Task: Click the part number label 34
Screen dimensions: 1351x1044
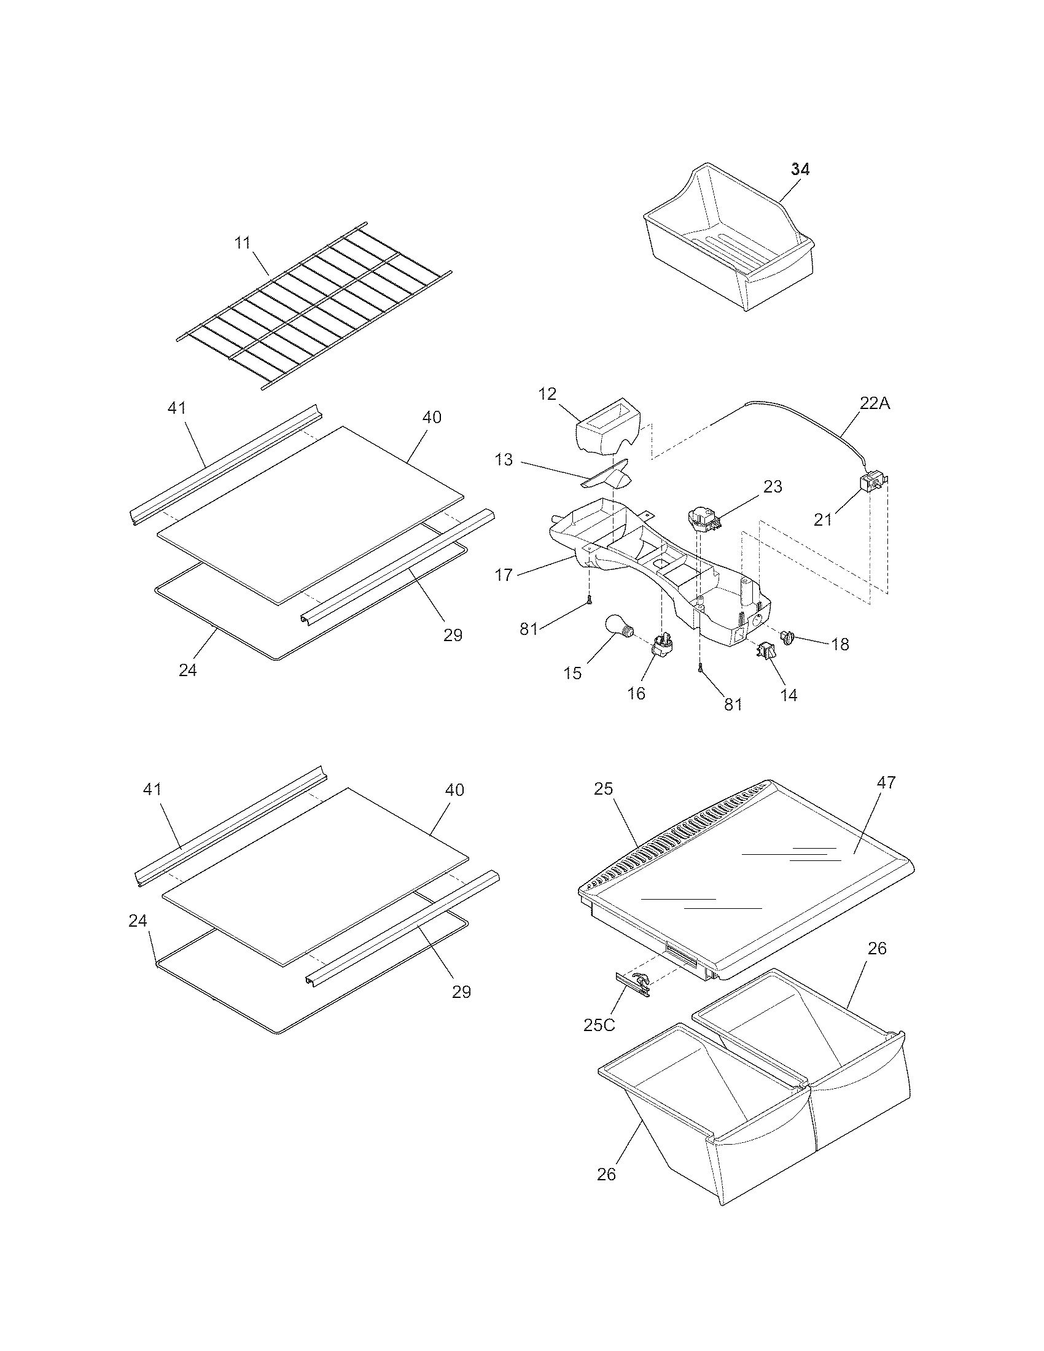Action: point(800,169)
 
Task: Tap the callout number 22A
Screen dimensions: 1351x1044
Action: point(875,403)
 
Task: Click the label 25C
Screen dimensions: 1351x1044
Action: point(599,1024)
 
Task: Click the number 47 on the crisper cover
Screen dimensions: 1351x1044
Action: point(886,782)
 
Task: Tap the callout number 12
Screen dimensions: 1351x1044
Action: point(547,394)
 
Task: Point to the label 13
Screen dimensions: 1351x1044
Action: point(504,459)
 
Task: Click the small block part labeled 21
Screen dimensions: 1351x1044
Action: point(871,482)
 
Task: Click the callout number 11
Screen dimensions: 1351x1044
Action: point(243,243)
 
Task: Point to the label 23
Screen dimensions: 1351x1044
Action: point(772,487)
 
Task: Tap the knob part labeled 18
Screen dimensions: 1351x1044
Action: point(789,636)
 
